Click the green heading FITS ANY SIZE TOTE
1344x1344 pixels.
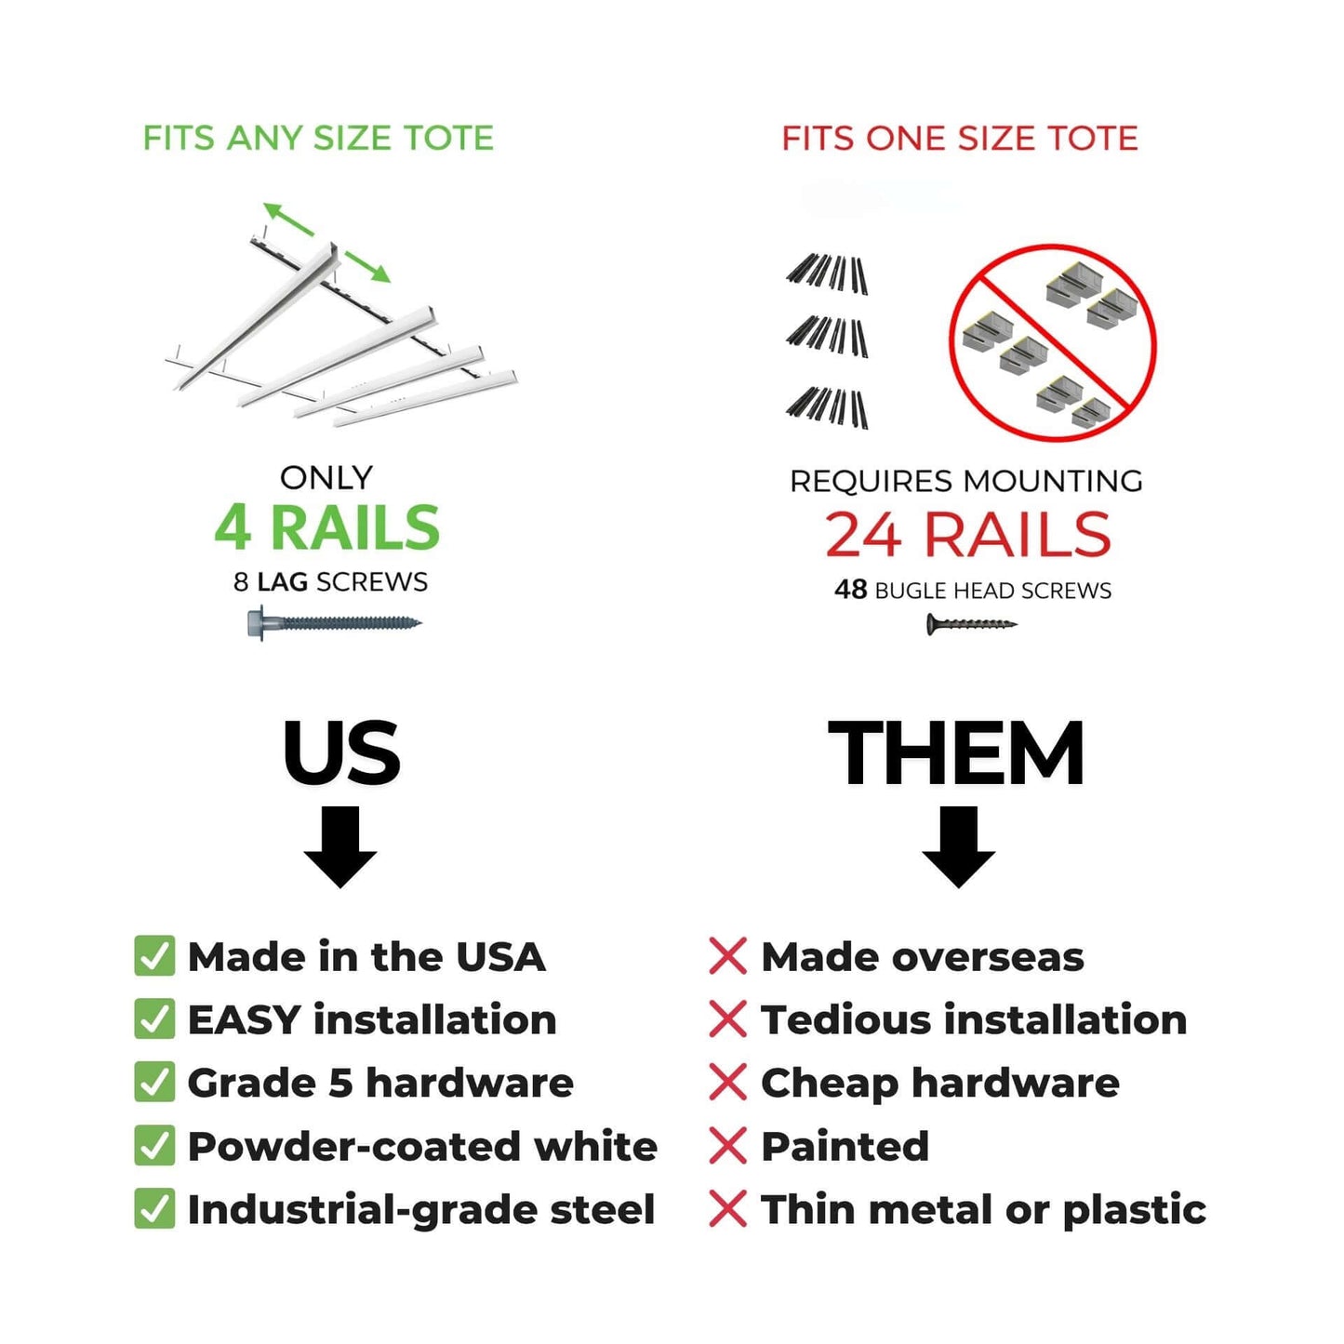317,139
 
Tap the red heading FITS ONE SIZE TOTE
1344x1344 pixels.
959,139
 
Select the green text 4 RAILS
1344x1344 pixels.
326,528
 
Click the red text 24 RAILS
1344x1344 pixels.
967,535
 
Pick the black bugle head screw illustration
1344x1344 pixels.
970,624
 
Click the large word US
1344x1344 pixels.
341,752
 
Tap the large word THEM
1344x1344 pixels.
956,752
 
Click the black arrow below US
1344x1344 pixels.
340,846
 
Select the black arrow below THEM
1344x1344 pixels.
958,846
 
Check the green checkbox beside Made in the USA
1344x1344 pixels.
154,956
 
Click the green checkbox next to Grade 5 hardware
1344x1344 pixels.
154,1083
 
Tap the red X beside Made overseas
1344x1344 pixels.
727,956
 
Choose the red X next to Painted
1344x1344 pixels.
727,1146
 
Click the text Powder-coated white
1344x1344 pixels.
422,1146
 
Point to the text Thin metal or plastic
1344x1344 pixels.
983,1209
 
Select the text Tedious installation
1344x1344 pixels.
974,1019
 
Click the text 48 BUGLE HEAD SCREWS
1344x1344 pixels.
972,591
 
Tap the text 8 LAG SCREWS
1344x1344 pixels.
330,582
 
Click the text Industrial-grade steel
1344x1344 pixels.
421,1209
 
